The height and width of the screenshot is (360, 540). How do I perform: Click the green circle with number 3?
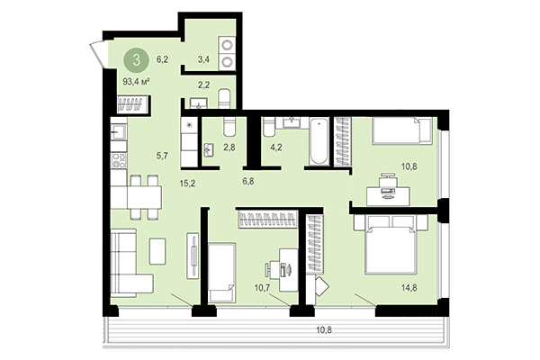click(136, 61)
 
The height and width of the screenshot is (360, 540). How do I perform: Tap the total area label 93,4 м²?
click(136, 81)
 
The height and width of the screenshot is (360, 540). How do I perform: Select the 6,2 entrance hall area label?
click(163, 60)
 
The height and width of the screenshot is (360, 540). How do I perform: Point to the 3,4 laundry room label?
click(204, 61)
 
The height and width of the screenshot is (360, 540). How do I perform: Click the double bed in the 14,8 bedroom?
click(391, 248)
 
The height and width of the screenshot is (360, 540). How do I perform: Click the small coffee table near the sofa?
click(157, 250)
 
